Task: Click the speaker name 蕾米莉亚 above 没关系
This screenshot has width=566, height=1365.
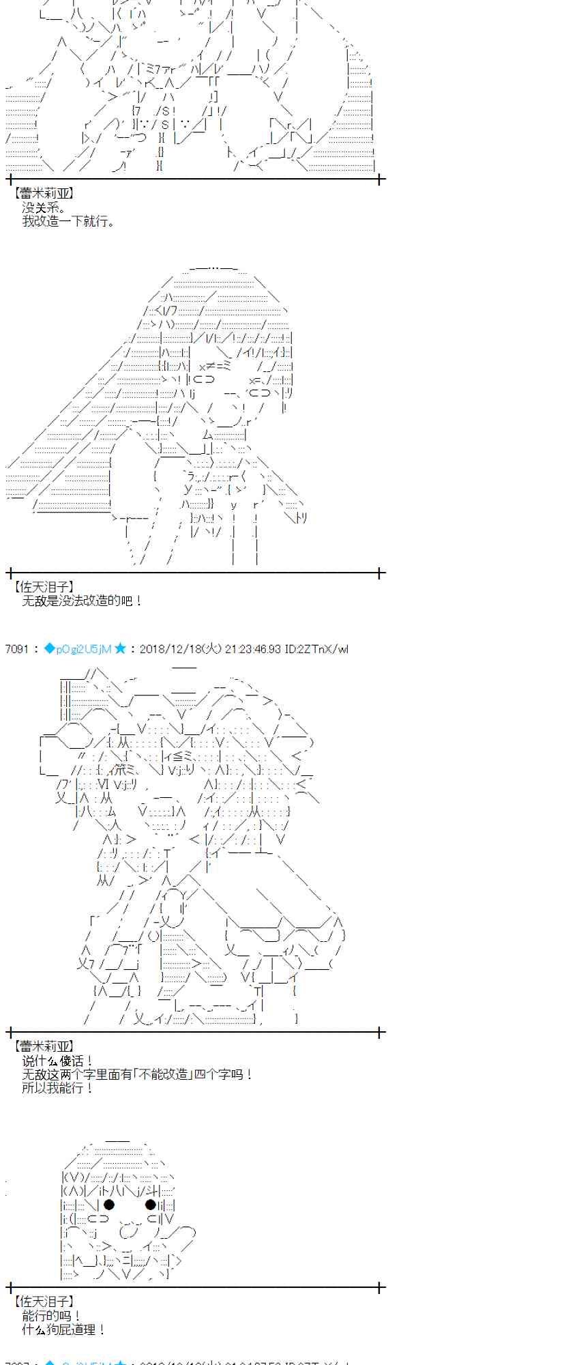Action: [43, 194]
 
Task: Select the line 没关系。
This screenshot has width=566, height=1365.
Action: [44, 207]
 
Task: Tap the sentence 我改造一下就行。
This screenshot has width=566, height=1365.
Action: [69, 221]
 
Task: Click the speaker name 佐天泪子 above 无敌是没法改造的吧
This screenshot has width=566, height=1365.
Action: [43, 587]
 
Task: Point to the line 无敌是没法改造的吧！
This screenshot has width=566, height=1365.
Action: [82, 601]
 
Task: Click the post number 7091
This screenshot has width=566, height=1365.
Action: [16, 649]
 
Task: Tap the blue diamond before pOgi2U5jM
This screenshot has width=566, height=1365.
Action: [49, 649]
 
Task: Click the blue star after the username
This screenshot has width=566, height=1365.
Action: [120, 649]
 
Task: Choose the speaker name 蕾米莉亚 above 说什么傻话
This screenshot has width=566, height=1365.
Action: [43, 1046]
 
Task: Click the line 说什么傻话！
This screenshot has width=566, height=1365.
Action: [57, 1061]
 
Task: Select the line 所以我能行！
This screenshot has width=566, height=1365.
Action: [57, 1088]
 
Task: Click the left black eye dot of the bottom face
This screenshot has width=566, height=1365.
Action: [109, 1205]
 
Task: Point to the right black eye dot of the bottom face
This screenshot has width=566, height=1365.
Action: [151, 1205]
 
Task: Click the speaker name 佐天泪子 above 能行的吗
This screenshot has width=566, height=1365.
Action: [43, 1302]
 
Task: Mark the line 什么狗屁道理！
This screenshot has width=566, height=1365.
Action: [63, 1330]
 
